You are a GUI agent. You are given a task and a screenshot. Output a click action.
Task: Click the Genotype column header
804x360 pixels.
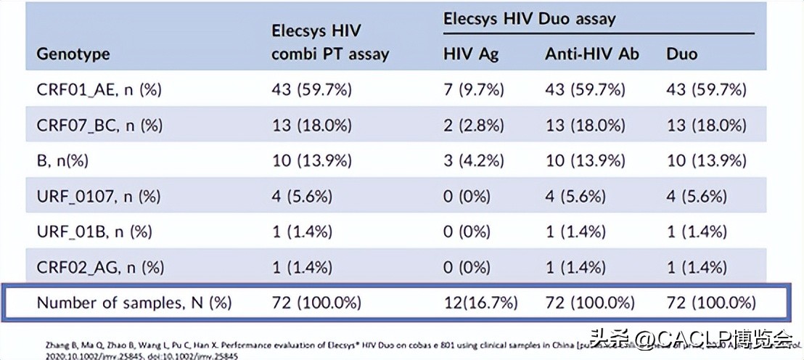pos(73,54)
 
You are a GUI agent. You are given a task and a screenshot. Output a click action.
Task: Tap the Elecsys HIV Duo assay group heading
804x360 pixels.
pos(529,19)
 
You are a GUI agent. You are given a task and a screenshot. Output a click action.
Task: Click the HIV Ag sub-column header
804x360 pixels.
pos(471,54)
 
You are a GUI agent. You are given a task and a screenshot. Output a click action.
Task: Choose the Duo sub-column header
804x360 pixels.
pos(681,54)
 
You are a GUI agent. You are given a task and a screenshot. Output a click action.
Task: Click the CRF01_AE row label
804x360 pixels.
pos(99,90)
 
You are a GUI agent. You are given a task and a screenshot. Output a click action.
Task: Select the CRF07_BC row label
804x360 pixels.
pos(99,126)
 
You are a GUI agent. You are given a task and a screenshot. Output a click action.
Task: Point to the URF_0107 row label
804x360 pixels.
pos(99,196)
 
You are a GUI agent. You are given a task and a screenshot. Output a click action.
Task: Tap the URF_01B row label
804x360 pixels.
pos(94,232)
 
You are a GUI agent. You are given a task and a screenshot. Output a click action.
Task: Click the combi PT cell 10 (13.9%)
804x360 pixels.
pos(311,160)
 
